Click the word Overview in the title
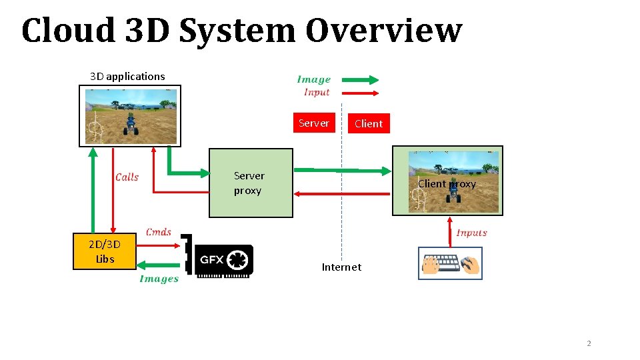383,31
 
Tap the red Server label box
313,123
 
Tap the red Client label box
368,123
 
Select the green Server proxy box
251,183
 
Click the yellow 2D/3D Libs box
105,251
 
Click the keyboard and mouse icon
451,263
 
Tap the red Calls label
127,177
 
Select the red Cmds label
159,232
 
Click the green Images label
159,279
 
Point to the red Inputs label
471,233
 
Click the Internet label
341,267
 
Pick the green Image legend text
313,80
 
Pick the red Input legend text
317,93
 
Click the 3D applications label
127,76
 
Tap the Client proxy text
447,184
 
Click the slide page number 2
589,343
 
